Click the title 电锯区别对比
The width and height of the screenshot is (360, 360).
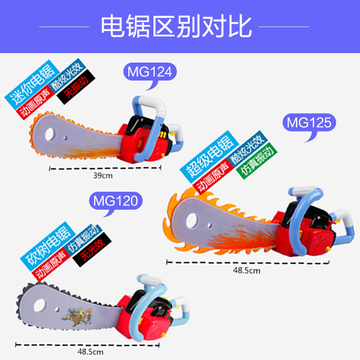[x=175, y=26]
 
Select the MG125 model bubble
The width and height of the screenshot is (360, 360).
[x=309, y=122]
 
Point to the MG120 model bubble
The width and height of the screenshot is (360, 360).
[x=115, y=201]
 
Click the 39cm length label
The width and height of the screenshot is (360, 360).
[x=103, y=175]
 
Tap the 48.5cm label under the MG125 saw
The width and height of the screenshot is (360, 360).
[x=247, y=270]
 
